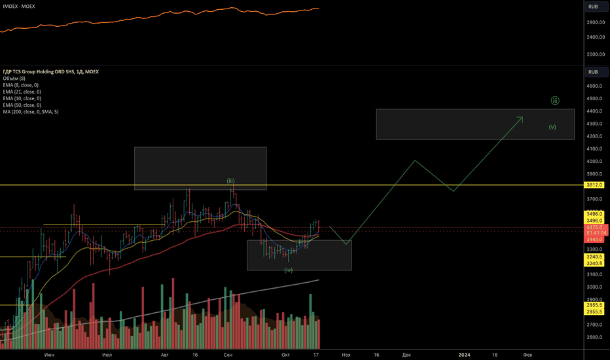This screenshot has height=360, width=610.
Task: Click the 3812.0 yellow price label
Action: [594, 185]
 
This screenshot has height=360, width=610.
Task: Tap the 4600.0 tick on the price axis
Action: [594, 86]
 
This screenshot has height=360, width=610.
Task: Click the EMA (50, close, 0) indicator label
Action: [21, 105]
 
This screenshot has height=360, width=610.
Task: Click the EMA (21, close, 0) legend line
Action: [21, 92]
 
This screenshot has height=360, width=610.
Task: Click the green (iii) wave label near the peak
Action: [231, 181]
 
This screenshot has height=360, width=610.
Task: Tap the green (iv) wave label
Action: [288, 270]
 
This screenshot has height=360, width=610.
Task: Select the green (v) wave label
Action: [552, 127]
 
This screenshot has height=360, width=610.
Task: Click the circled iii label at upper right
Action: [554, 100]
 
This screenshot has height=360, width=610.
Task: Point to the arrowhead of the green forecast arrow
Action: [522, 117]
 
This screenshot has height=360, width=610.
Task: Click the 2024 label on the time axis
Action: [464, 354]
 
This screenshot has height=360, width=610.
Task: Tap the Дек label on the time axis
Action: [406, 354]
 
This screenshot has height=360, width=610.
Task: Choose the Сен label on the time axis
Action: [228, 354]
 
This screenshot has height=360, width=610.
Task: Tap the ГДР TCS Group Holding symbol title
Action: [50, 71]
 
